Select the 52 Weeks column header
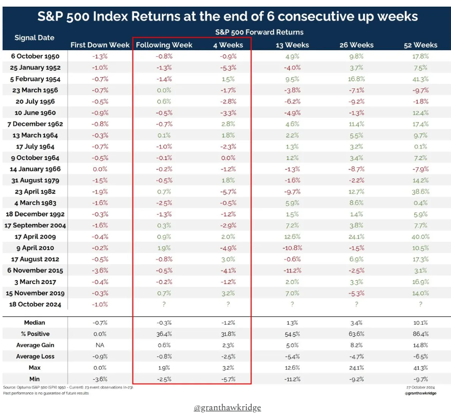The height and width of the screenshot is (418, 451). coord(420,44)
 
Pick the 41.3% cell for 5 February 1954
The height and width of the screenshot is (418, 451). coord(420,79)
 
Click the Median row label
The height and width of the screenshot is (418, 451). coord(34,323)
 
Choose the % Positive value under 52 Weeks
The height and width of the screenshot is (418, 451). coord(420,334)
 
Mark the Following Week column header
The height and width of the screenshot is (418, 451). coord(164,44)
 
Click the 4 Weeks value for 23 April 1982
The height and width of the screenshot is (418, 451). coord(226,192)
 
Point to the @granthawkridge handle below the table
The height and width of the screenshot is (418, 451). coord(227,407)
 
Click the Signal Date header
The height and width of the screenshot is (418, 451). coord(34,38)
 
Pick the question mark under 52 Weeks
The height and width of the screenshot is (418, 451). coord(420,305)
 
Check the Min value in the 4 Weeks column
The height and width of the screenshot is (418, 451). coord(226,379)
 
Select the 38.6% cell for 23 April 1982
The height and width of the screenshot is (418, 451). coord(420,192)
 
